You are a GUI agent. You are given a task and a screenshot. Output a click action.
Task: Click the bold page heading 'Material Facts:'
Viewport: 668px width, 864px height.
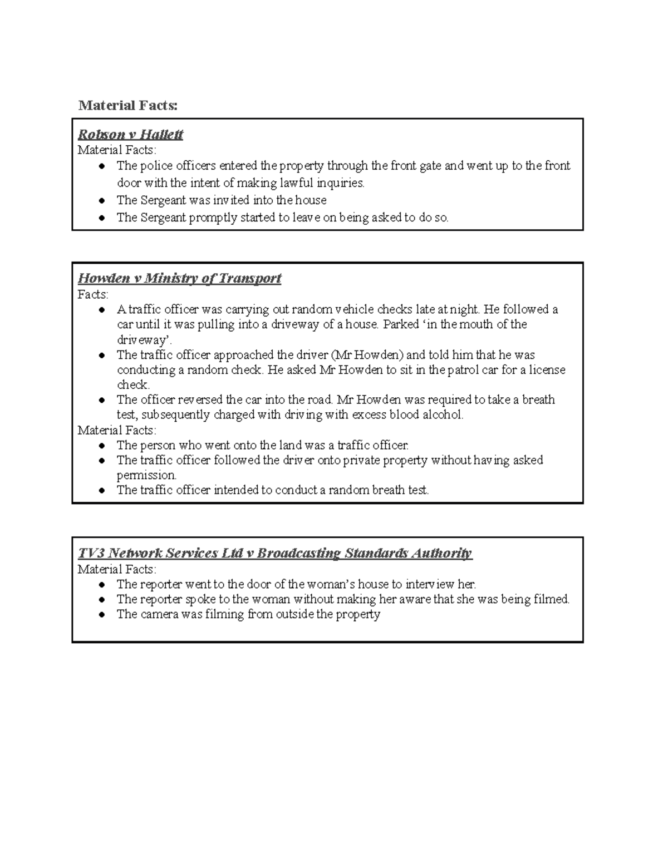128,105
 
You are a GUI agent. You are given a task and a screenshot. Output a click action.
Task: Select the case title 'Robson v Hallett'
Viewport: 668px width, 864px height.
130,135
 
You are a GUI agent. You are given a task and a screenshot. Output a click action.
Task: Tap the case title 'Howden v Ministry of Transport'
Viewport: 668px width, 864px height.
179,278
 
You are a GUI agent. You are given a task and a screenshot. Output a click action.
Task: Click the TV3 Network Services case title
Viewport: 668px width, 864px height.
274,553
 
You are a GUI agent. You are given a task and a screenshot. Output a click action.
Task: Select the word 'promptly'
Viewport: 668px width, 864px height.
213,218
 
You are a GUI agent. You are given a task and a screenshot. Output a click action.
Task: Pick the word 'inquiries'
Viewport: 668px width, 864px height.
340,183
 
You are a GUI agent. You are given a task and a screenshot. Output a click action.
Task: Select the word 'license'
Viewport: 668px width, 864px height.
547,370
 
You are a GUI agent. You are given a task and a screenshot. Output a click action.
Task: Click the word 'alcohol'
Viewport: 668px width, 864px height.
442,415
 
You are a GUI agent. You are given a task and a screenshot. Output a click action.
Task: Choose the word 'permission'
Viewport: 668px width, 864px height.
146,475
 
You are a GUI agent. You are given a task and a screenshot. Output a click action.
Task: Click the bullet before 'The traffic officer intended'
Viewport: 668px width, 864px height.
101,491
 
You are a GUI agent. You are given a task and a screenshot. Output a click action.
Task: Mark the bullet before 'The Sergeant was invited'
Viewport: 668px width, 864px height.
101,201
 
